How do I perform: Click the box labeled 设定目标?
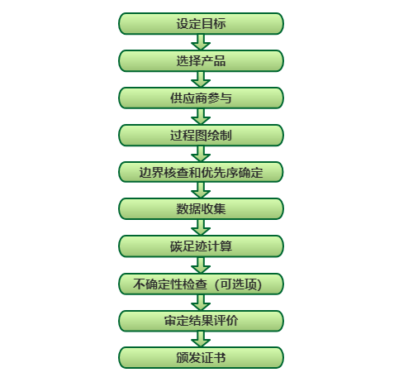(x=201, y=24)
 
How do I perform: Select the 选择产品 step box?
(x=201, y=61)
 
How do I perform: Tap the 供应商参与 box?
(x=201, y=98)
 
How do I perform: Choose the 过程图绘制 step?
(x=201, y=136)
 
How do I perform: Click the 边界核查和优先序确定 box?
(x=201, y=172)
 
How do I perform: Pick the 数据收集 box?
(x=201, y=209)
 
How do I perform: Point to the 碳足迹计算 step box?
(x=201, y=246)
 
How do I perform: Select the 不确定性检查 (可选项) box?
(x=201, y=284)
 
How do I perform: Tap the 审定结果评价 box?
(x=201, y=321)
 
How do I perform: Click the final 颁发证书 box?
(x=201, y=357)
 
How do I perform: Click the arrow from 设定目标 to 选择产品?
(x=201, y=42)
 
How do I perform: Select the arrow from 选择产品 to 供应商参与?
(x=201, y=79)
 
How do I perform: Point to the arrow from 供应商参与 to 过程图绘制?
(x=201, y=117)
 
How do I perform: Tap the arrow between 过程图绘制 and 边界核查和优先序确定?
(x=201, y=154)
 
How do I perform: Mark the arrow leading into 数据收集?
(x=201, y=190)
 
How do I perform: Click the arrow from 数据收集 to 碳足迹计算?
(x=201, y=227)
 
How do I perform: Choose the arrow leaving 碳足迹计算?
(x=201, y=265)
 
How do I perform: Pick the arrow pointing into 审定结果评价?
(x=201, y=303)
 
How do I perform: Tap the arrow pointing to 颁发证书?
(x=201, y=339)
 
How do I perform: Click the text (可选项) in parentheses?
(x=239, y=284)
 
